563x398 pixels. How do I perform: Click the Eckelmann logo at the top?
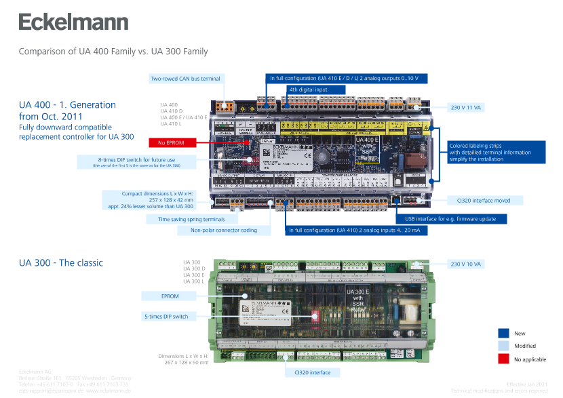[x=73, y=22]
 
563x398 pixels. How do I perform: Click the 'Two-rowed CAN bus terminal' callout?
[x=185, y=79]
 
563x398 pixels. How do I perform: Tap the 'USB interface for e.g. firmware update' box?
[x=450, y=219]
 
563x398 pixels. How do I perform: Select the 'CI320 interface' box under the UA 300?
[x=313, y=372]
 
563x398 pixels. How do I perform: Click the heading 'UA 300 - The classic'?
[x=61, y=262]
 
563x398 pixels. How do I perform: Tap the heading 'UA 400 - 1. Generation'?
[x=67, y=105]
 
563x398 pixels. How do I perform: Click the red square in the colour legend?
[x=503, y=359]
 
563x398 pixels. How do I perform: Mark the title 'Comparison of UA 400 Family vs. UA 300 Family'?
[x=113, y=52]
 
